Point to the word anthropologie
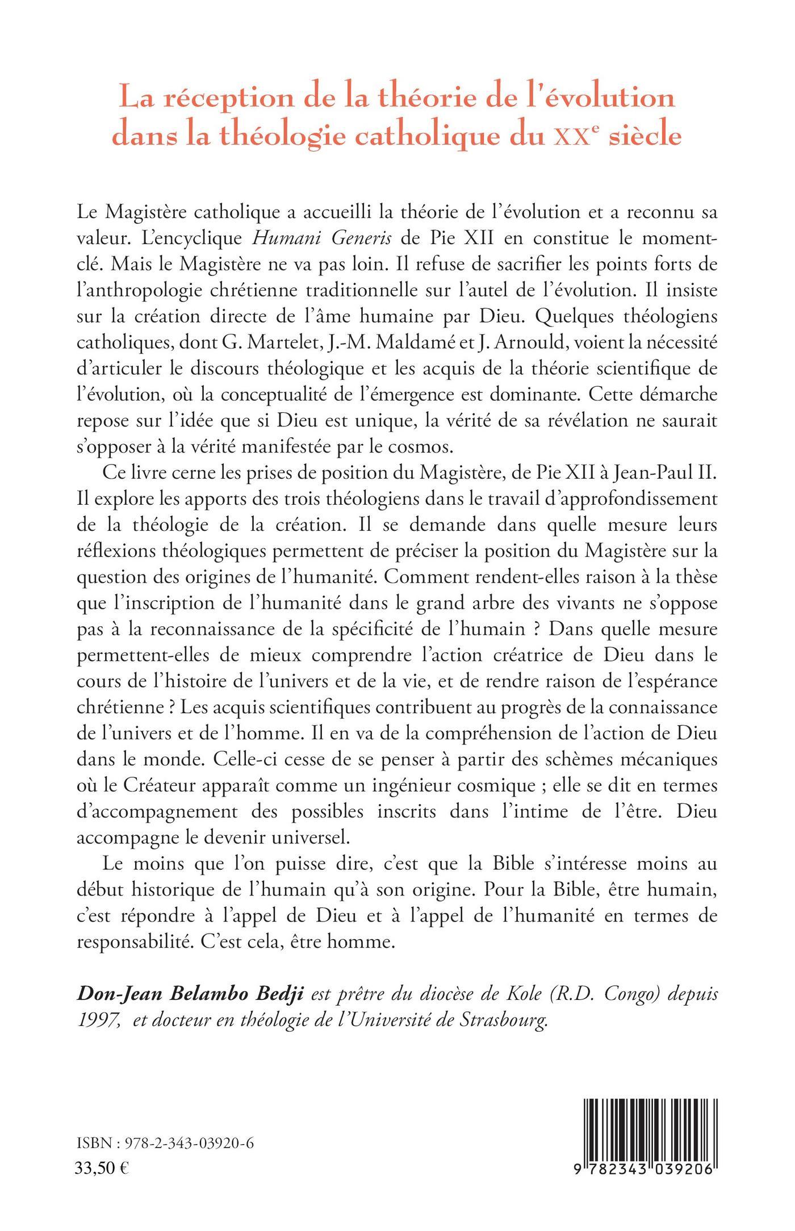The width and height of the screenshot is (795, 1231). click(x=145, y=290)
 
